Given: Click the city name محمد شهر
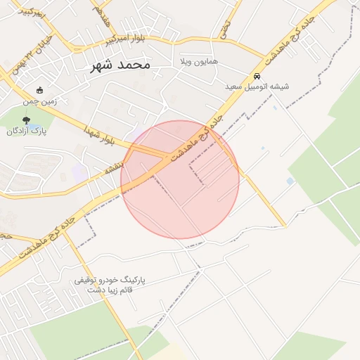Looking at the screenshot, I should tap(121, 65).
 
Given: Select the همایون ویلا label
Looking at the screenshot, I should tap(199, 62).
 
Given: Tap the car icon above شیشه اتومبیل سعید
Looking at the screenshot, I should tap(258, 75).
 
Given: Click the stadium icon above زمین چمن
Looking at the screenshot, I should tap(39, 90).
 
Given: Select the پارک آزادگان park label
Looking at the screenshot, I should tap(26, 131).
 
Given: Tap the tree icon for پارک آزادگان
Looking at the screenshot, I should tap(27, 120).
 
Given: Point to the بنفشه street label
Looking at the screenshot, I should tap(114, 168).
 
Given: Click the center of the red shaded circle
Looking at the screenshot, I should tap(180, 179).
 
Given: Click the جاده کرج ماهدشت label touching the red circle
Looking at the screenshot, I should tap(201, 140).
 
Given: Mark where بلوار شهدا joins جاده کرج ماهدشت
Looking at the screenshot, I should tap(167, 156).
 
